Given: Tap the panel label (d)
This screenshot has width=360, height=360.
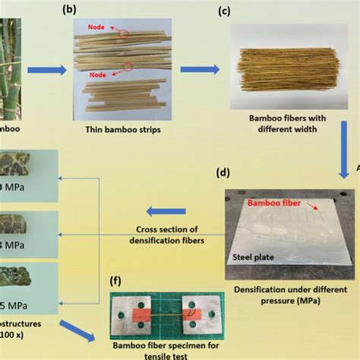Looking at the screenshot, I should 223,172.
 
